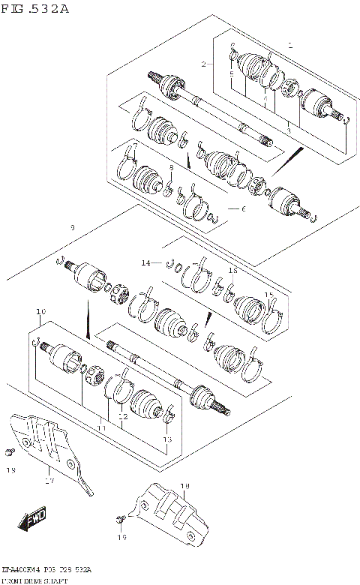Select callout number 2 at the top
203,64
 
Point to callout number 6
242,208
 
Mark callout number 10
40,310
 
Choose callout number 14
147,262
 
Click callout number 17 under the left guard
50,481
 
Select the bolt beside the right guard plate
121,519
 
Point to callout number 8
171,167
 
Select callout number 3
287,130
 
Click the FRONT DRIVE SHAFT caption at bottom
35,580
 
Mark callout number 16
232,269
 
